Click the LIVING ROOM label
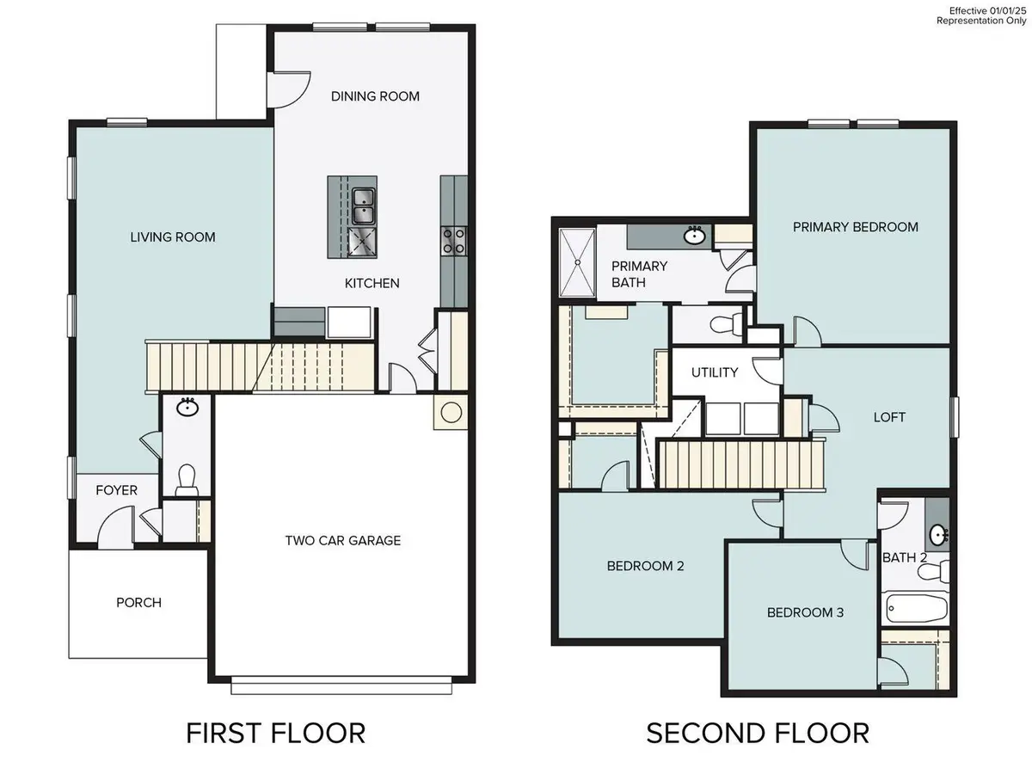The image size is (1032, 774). click(x=172, y=236)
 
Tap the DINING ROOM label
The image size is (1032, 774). click(x=375, y=96)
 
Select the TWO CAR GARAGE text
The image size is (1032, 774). click(x=343, y=540)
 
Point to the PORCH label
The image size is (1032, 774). click(x=138, y=602)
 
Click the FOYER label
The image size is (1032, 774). click(x=116, y=490)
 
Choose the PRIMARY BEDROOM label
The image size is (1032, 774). click(x=855, y=227)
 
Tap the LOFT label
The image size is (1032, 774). click(x=889, y=417)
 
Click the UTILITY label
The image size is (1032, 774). click(x=715, y=372)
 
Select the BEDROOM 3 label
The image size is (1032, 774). click(x=805, y=612)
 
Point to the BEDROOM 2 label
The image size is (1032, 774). click(x=645, y=566)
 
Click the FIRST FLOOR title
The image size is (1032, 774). click(x=275, y=733)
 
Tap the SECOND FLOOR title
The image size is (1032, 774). click(x=757, y=733)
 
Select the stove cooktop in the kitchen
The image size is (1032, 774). click(x=453, y=240)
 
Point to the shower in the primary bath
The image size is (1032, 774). click(x=576, y=264)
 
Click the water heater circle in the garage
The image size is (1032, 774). click(x=451, y=413)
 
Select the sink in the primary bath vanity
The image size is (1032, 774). click(x=695, y=235)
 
